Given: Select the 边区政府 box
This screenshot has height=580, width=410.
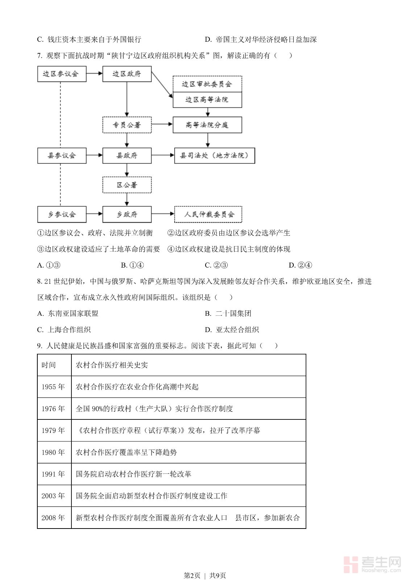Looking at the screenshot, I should tap(127, 74).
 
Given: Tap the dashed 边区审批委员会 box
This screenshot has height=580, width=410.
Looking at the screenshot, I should tap(207, 84).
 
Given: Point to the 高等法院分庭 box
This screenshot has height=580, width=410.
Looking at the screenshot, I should tap(207, 125).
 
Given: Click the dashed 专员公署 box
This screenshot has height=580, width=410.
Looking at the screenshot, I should tap(127, 125).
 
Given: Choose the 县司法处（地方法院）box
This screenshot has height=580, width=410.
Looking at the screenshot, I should tap(215, 156).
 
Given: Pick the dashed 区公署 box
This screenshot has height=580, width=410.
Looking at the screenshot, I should tap(127, 185).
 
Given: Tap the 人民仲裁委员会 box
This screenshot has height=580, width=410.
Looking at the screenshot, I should tap(208, 214).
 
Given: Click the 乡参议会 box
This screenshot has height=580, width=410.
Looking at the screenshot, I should tap(62, 214).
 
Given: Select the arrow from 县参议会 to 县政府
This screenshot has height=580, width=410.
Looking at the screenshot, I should tap(94, 156).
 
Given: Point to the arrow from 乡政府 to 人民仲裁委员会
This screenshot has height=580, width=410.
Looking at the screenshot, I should tap(163, 214).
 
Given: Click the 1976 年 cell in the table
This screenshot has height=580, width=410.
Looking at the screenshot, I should tap(54, 409).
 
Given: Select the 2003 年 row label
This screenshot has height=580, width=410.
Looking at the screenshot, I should tap(54, 496).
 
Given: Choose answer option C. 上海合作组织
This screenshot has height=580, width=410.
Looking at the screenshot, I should tap(64, 330).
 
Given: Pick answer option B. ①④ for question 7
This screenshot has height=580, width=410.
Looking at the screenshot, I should tap(132, 265).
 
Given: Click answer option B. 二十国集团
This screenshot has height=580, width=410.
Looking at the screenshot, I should tap(228, 314).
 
